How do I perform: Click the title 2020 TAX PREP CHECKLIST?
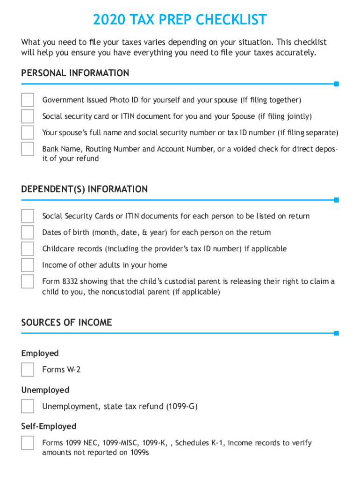pyautogui.click(x=180, y=20)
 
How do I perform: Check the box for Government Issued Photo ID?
pyautogui.click(x=28, y=100)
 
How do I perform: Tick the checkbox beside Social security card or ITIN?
pyautogui.click(x=28, y=116)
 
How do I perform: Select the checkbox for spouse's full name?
pyautogui.click(x=28, y=132)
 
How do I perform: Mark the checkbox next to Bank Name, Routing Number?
pyautogui.click(x=28, y=149)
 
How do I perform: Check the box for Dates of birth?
pyautogui.click(x=28, y=232)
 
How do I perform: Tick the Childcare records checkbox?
pyautogui.click(x=28, y=249)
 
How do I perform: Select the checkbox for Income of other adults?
pyautogui.click(x=28, y=265)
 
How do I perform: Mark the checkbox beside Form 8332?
pyautogui.click(x=28, y=282)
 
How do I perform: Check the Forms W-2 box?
pyautogui.click(x=28, y=370)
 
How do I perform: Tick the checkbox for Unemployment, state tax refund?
pyautogui.click(x=28, y=406)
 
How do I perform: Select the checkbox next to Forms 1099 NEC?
pyautogui.click(x=28, y=443)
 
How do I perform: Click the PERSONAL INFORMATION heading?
pyautogui.click(x=75, y=73)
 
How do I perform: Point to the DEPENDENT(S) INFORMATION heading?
pyautogui.click(x=85, y=189)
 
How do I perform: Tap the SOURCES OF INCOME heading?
pyautogui.click(x=67, y=322)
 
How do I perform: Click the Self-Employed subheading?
pyautogui.click(x=49, y=426)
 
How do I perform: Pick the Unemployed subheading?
pyautogui.click(x=45, y=390)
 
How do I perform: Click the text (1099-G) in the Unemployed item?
pyautogui.click(x=182, y=406)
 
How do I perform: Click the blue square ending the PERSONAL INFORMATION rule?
pyautogui.click(x=336, y=84)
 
